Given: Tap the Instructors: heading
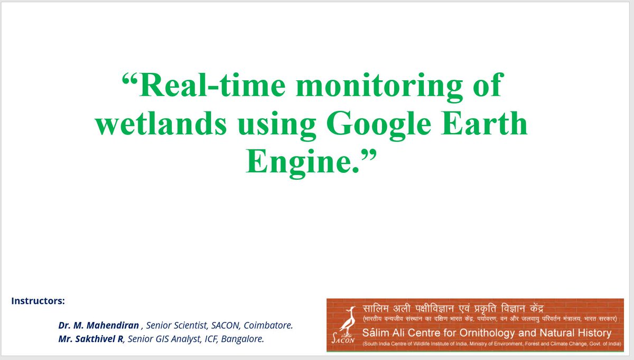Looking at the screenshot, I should (38, 301).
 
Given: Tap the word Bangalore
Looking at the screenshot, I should (244, 339).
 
